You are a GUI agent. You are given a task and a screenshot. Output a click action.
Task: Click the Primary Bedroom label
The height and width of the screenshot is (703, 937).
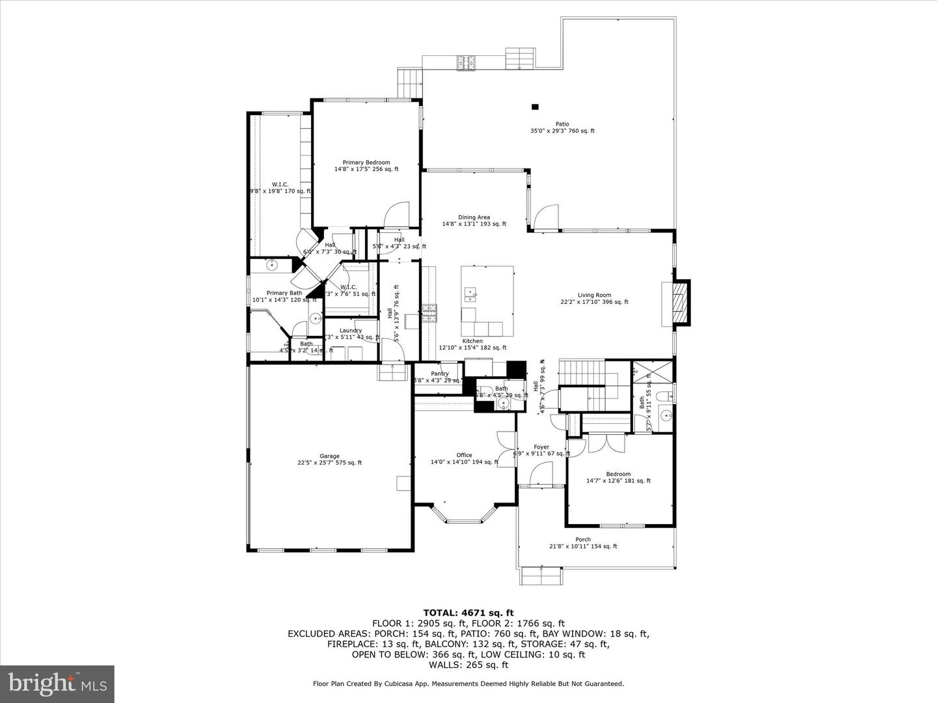pyautogui.click(x=366, y=163)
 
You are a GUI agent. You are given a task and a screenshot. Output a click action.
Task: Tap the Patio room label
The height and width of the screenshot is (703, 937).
pyautogui.click(x=562, y=124)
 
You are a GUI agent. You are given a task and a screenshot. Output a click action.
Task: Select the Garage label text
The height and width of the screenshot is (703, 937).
pyautogui.click(x=329, y=456)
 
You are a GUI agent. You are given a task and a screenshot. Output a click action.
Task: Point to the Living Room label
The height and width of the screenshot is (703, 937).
pyautogui.click(x=594, y=295)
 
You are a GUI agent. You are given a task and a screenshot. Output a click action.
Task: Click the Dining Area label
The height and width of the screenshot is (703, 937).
pyautogui.click(x=474, y=217)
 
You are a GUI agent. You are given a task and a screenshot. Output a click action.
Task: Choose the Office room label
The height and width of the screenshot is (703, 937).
pyautogui.click(x=464, y=456)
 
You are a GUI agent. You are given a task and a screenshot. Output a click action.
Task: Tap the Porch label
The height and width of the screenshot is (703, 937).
pyautogui.click(x=583, y=540)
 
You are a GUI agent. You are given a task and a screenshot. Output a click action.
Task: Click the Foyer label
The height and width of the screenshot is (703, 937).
pyautogui.click(x=541, y=447)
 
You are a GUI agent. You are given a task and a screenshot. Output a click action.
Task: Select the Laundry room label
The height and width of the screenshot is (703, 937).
pyautogui.click(x=350, y=331)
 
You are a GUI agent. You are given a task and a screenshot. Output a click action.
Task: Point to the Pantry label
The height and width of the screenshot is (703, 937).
pyautogui.click(x=440, y=374)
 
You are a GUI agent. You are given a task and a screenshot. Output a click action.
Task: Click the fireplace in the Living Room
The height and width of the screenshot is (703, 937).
pyautogui.click(x=679, y=303)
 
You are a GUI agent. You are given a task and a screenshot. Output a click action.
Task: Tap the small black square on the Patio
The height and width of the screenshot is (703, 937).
pyautogui.click(x=536, y=107)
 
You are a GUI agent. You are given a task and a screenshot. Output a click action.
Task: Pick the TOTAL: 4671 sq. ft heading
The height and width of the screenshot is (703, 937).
pyautogui.click(x=468, y=613)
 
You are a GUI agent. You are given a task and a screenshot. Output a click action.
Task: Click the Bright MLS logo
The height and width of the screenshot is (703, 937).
pyautogui.click(x=57, y=683)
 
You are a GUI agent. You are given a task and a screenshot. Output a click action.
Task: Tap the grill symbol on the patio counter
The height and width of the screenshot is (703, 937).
pyautogui.click(x=466, y=62)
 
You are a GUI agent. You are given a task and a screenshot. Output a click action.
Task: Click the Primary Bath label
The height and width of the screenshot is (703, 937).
pyautogui.click(x=284, y=293)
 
